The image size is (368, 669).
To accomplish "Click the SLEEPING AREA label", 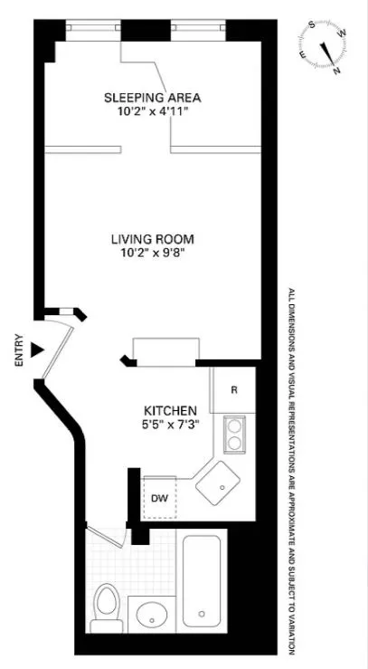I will pos(152,97).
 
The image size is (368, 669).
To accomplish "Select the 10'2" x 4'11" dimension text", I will pos(152,112).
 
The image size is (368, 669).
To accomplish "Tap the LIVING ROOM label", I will pos(153,239).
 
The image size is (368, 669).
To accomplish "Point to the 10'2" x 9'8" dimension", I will pos(153,254).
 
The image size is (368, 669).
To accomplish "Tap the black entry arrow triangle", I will pos(37,349).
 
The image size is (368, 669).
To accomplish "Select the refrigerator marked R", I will pos(233,390).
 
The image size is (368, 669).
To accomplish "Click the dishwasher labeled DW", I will pos(158,497).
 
